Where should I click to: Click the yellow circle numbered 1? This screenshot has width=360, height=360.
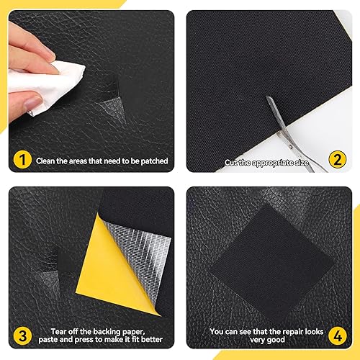(x=22, y=159)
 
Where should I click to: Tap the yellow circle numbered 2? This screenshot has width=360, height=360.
(x=338, y=159)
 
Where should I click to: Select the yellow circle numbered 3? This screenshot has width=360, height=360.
(x=22, y=336)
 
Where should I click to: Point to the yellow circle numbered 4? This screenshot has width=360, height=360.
(x=338, y=336)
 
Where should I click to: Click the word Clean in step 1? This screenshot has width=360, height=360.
(x=45, y=161)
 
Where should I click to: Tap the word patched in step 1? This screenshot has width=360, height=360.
(x=154, y=161)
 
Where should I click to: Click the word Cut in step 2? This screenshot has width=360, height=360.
(x=231, y=163)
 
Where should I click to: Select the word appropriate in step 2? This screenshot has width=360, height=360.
(x=273, y=163)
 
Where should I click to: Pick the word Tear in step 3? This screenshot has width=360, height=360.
(x=58, y=331)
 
